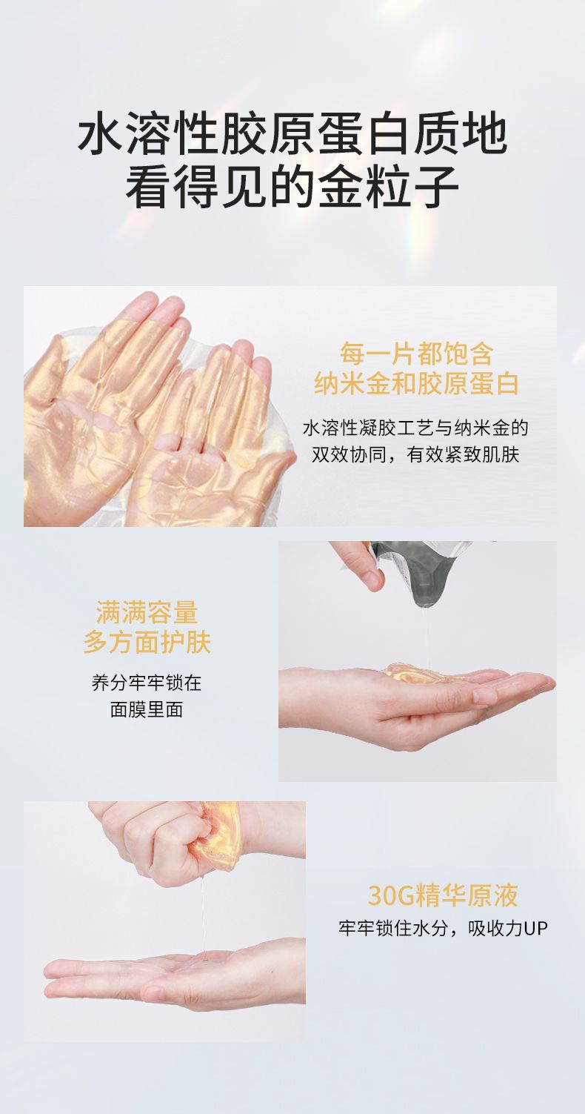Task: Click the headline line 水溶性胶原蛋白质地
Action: (x=292, y=135)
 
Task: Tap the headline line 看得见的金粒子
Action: (x=292, y=187)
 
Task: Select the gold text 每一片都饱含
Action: (x=416, y=354)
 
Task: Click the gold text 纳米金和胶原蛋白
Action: (x=416, y=383)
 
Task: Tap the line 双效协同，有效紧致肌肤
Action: (x=415, y=454)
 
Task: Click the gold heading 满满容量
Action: (x=147, y=612)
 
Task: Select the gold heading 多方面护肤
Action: (x=147, y=642)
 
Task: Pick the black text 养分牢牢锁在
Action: (x=147, y=683)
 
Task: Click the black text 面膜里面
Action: (x=147, y=709)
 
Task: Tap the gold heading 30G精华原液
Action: (x=443, y=895)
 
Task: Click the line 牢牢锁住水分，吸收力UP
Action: (x=443, y=929)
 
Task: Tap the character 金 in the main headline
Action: (x=340, y=188)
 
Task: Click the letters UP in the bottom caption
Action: (x=536, y=929)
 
